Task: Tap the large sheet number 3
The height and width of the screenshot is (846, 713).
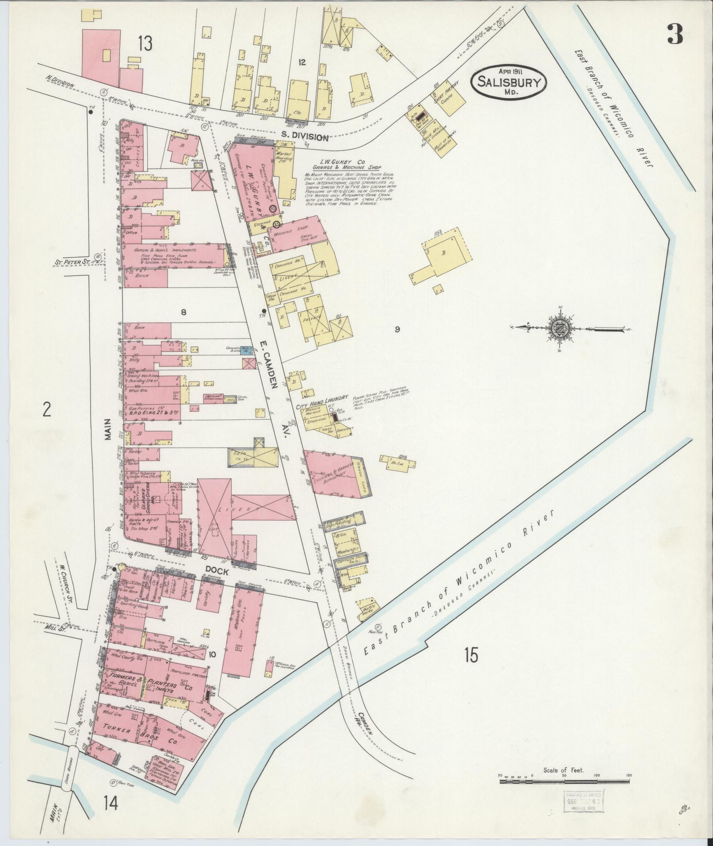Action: (675, 34)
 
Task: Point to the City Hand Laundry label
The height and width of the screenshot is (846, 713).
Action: (324, 398)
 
